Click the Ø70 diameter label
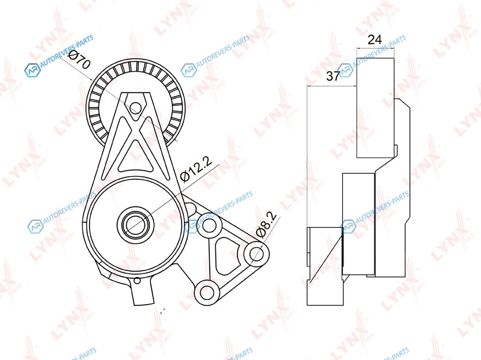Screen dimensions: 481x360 [79, 59]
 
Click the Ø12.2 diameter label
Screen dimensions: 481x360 [196, 170]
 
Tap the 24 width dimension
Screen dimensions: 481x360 [375, 40]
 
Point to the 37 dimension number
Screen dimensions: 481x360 [333, 76]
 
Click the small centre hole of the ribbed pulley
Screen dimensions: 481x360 [135, 108]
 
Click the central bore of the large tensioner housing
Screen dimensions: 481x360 [135, 224]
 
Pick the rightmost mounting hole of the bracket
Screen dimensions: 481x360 [256, 254]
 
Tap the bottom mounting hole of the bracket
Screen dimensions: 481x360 [207, 292]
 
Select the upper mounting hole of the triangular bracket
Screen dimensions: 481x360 [209, 226]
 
